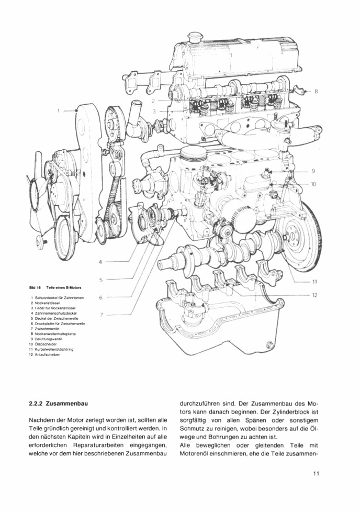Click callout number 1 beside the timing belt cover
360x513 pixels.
click(59, 110)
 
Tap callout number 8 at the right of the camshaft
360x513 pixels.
click(316, 91)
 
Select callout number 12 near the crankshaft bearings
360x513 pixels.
click(314, 295)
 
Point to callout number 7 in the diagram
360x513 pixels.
click(101, 314)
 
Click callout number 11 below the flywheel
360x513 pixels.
click(314, 281)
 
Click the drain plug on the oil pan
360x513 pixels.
click(269, 345)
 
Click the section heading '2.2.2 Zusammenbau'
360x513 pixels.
click(58, 404)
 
